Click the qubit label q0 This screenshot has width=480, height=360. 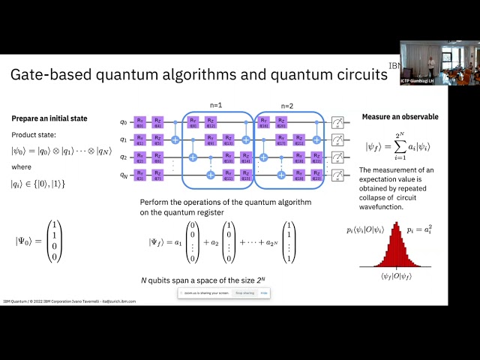pyautogui.click(x=124, y=121)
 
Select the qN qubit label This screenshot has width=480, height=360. pyautogui.click(x=124, y=174)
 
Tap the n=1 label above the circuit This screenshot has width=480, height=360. pyautogui.click(x=216, y=106)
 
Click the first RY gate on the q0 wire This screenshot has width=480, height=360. pyautogui.click(x=140, y=121)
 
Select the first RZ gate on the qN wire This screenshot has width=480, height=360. pyautogui.click(x=158, y=174)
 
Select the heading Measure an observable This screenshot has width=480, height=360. pyautogui.click(x=400, y=117)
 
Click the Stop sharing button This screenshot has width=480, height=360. pyautogui.click(x=245, y=293)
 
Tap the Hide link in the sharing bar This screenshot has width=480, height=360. pyautogui.click(x=264, y=293)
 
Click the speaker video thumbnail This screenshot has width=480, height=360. pyautogui.click(x=439, y=63)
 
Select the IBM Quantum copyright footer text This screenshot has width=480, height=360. pyautogui.click(x=79, y=301)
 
